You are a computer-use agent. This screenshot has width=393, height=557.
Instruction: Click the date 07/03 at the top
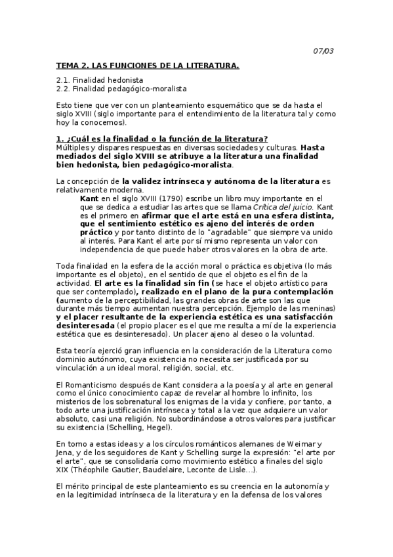coord(323,51)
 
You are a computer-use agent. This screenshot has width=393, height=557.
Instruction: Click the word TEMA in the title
coord(67,66)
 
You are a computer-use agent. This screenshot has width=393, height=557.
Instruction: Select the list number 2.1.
coord(63,79)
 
